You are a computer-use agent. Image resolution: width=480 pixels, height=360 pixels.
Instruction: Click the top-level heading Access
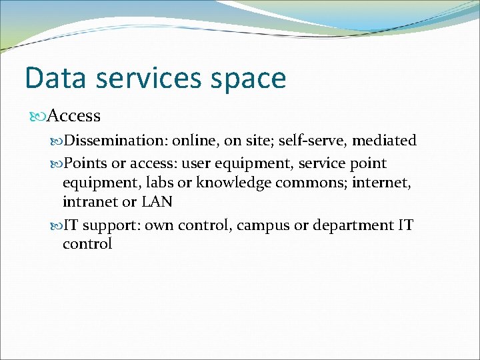click(x=74, y=116)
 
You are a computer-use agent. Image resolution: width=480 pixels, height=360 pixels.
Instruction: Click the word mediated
click(x=385, y=141)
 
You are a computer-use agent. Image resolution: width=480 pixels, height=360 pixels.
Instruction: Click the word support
click(x=111, y=225)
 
